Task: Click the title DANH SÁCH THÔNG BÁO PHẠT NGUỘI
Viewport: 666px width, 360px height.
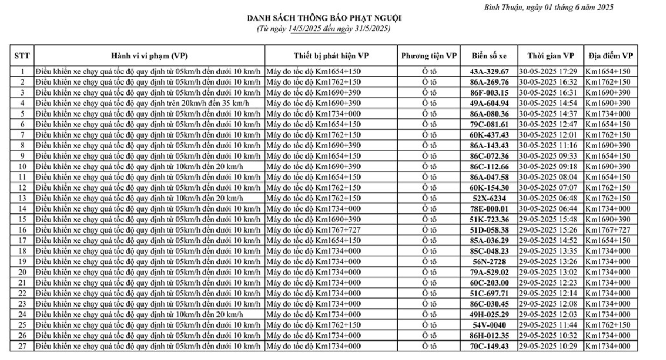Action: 324,18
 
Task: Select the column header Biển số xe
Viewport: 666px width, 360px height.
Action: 490,56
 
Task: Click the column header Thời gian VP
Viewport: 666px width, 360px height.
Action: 549,56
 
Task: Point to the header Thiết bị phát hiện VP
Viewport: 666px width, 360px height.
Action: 331,56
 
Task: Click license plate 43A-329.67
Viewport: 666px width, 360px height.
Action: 490,71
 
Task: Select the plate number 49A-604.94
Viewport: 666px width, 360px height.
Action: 490,103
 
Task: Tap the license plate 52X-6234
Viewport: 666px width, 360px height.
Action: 490,198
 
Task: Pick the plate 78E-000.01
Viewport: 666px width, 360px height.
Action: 490,208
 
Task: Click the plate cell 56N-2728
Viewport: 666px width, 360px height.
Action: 490,261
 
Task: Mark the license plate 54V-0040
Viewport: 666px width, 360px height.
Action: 490,324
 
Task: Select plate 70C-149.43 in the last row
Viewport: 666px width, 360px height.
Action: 490,345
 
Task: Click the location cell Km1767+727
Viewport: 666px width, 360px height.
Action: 608,229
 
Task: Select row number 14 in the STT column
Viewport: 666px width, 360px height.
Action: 23,208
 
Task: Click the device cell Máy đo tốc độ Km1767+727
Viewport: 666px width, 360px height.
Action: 314,229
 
